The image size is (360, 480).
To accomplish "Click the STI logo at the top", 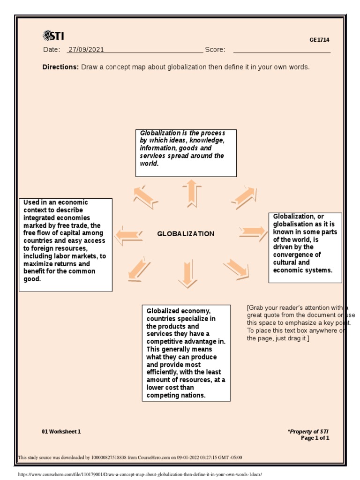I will coord(53,36).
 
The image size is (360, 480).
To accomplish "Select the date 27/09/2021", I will coord(86,50).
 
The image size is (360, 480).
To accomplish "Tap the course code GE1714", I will coord(319,40).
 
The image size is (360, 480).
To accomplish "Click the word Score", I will coord(215,50).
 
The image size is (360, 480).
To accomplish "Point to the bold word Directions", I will coord(60,67).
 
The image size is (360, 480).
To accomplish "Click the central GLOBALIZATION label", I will coord(186,234).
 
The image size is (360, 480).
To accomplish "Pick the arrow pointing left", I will coord(128,235).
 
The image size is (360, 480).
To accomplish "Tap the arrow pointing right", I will coord(253,231).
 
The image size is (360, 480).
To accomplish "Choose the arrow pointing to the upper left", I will coord(145,197).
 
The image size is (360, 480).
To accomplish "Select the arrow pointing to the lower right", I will coord(236,269).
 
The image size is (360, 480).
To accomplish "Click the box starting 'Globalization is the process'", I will coord(186,153).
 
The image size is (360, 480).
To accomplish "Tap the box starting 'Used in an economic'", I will coord(66,245).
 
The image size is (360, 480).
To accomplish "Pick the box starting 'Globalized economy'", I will coord(186,353).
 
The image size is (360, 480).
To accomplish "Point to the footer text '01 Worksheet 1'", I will coord(61,432).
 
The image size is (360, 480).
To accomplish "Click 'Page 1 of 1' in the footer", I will coord(315,438).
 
